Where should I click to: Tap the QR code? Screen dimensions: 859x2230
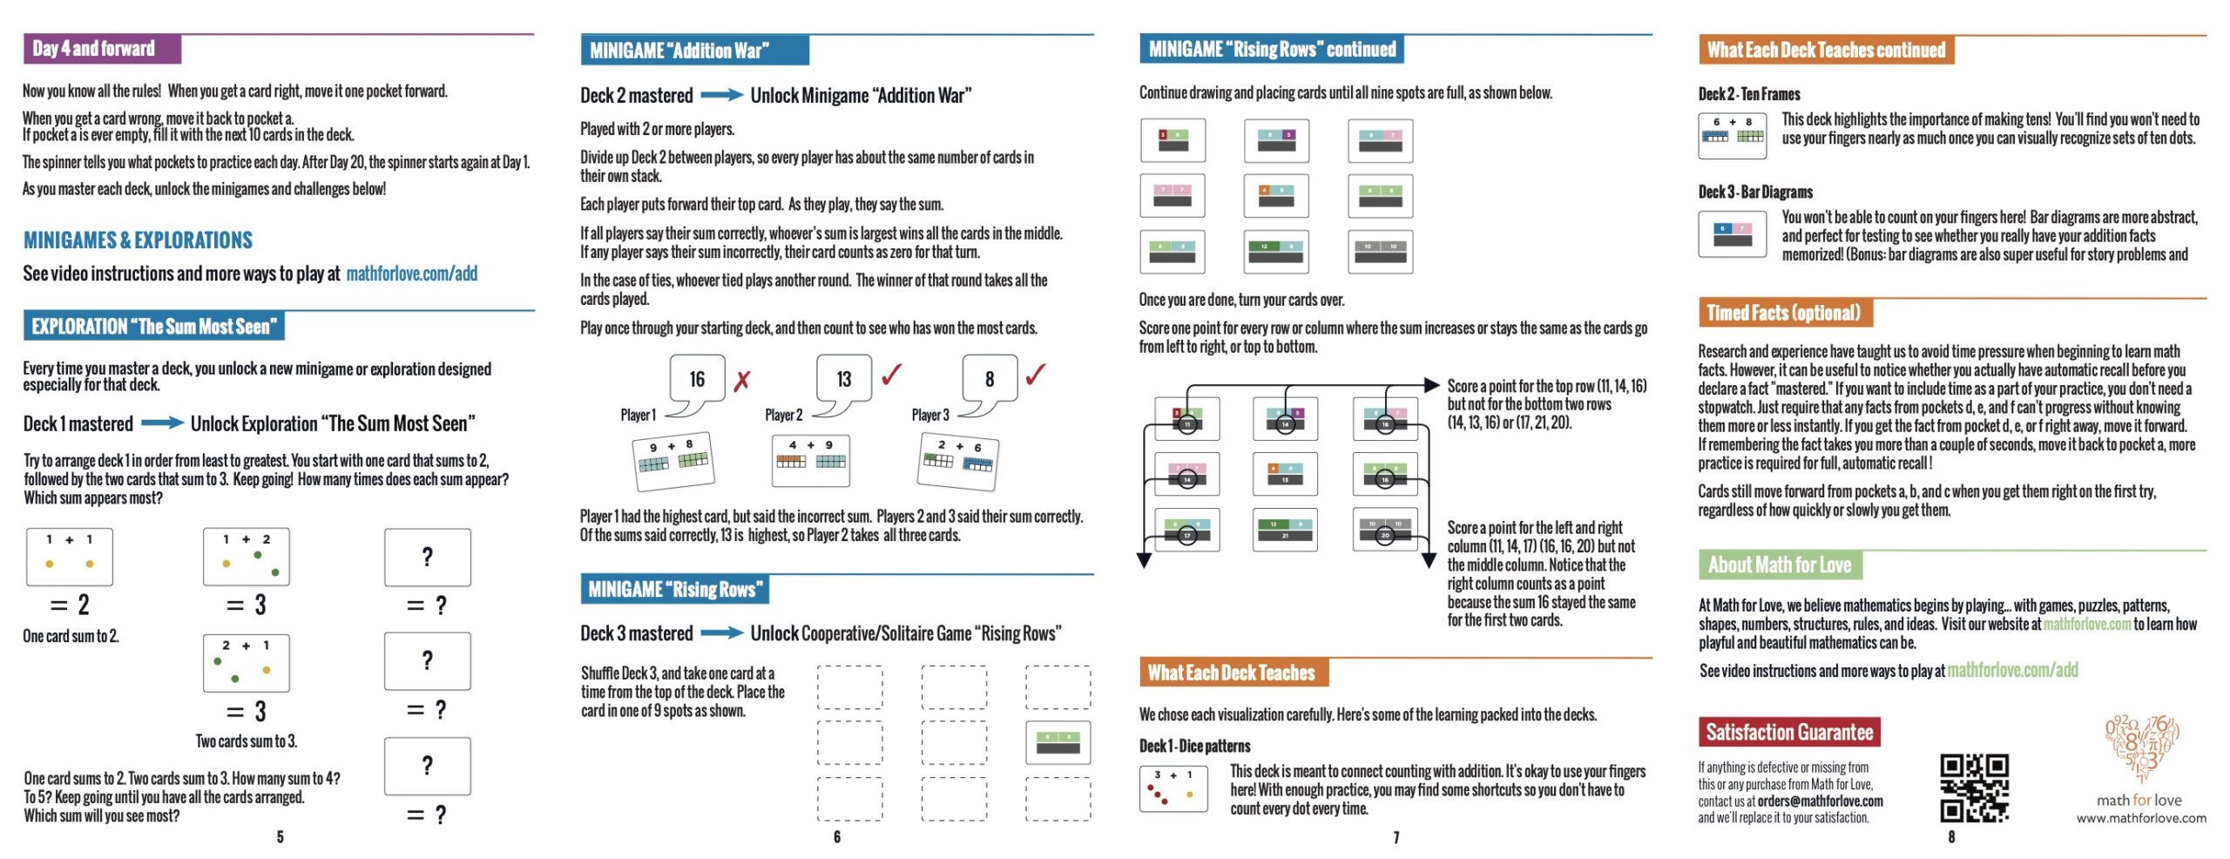[1973, 788]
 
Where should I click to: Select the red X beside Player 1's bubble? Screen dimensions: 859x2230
[741, 381]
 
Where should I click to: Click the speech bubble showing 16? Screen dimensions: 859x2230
[697, 380]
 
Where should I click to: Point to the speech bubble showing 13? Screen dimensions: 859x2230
[843, 380]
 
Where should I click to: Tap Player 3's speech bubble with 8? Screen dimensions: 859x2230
[990, 380]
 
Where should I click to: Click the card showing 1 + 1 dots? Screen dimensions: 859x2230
[70, 557]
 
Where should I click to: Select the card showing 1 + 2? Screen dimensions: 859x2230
[247, 557]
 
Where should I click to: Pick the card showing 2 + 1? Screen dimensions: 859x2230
[247, 663]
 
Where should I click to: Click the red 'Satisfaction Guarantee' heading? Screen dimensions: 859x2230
[1788, 733]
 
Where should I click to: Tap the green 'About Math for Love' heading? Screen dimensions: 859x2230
[1780, 565]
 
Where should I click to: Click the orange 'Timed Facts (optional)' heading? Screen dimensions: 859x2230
[1784, 313]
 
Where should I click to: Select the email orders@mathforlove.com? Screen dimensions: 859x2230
[1820, 802]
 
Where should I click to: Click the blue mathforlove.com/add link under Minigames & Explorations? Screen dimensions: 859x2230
[411, 274]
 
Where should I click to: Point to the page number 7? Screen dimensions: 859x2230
[1396, 837]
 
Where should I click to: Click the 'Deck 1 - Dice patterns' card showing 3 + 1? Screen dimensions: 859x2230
[1173, 788]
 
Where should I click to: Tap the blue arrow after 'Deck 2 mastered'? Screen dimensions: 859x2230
[721, 95]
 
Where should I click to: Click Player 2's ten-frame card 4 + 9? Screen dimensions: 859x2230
[810, 460]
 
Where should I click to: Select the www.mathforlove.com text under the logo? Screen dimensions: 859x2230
[2141, 818]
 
